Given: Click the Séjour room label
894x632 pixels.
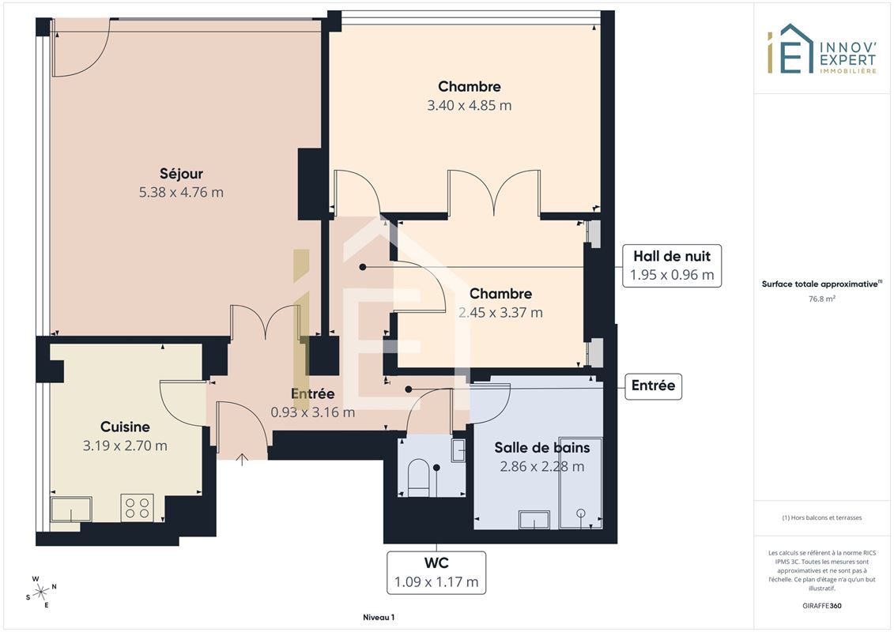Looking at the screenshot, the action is click(x=181, y=173).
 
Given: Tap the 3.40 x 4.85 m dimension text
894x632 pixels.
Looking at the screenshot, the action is click(x=470, y=105).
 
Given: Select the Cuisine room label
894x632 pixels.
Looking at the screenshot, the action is click(x=125, y=427).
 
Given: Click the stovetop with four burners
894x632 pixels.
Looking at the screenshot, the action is click(x=137, y=507).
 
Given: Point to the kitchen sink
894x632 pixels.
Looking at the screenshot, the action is click(x=71, y=510).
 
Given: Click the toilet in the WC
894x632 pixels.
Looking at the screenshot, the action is click(x=419, y=478).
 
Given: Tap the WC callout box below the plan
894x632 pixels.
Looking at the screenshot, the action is click(x=436, y=573).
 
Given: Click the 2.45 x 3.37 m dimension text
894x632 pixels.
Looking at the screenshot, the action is click(x=500, y=312).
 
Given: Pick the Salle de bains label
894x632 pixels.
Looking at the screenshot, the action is click(x=541, y=447).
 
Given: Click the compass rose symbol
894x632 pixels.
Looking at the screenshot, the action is click(x=41, y=592).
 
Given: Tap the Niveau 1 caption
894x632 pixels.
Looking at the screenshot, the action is click(x=379, y=617).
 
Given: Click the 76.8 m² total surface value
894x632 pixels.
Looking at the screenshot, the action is click(x=821, y=299).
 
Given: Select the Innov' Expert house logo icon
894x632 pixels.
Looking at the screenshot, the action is click(x=790, y=49).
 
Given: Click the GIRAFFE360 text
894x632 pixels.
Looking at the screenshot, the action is click(x=821, y=606).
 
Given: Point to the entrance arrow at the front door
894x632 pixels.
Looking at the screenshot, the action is click(x=242, y=459).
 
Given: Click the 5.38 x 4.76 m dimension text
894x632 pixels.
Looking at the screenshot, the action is click(x=181, y=192).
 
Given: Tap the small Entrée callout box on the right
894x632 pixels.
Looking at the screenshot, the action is click(x=653, y=386).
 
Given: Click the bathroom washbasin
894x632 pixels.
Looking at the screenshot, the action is click(x=534, y=519).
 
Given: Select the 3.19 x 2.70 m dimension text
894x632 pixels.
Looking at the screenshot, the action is click(x=125, y=446).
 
